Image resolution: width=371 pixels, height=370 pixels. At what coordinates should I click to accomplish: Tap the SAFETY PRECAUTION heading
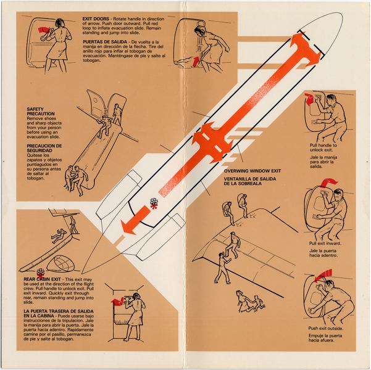41,112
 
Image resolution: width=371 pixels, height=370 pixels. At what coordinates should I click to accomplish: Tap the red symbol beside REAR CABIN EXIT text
41,272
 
